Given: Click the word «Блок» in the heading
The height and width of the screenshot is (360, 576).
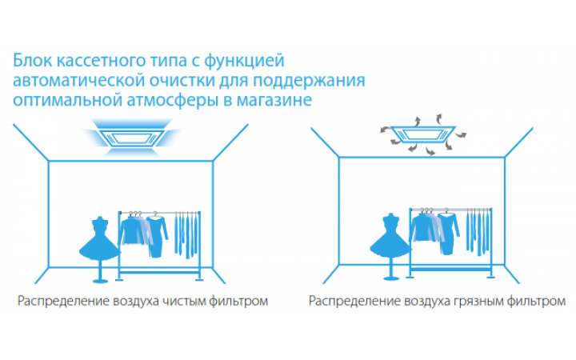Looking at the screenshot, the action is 32,61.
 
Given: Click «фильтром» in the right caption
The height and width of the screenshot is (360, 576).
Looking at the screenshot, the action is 536,302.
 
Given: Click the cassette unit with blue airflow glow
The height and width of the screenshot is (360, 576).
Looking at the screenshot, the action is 132,138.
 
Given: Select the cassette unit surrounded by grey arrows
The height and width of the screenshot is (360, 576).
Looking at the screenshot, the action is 423,134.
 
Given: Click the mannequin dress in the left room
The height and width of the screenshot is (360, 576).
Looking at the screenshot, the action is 99,239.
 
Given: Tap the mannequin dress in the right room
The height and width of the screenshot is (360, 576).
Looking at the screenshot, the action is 390,236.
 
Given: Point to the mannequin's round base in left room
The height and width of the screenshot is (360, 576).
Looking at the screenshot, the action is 100,282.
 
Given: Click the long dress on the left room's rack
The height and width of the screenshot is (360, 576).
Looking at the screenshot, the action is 157,236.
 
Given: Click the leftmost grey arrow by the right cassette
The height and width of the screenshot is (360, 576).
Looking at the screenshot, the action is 386,129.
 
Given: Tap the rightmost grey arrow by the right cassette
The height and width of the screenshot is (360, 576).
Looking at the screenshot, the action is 462,135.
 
